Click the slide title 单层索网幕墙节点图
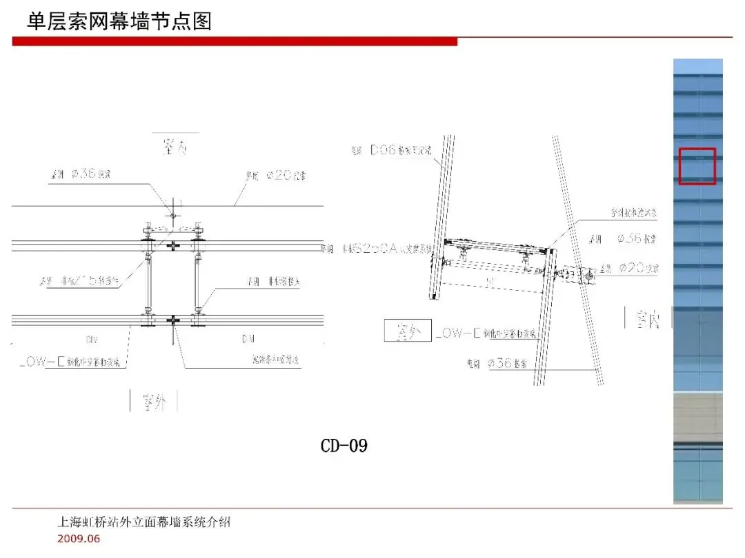coord(119,21)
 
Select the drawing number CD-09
coord(344,446)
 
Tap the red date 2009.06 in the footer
coord(78,539)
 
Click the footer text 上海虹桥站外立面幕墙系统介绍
coord(143,522)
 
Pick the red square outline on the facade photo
coord(697,166)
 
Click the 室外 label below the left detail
coord(155,402)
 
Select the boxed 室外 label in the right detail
coord(408,331)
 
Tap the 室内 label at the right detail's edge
coord(648,320)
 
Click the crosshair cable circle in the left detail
coord(173,216)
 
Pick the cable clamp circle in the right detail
coord(588,276)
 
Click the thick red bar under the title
coord(235,42)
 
